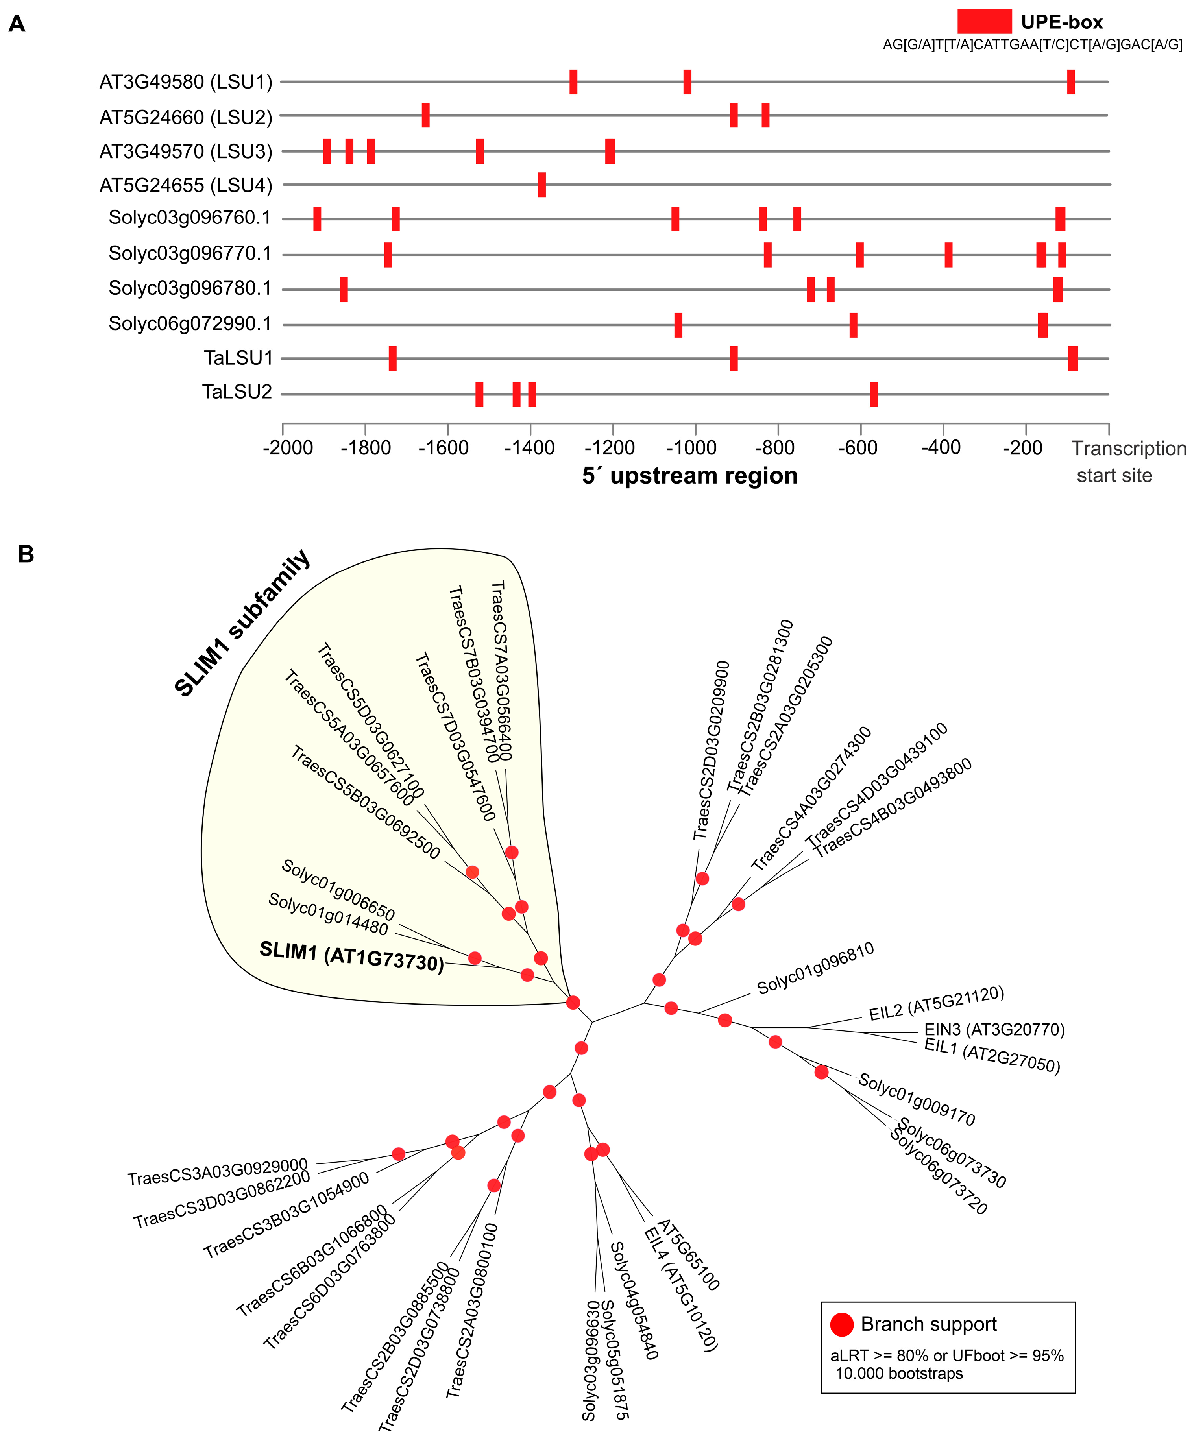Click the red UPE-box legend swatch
[x=984, y=21]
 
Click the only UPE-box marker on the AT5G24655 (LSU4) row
[x=542, y=185]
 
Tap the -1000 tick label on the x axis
[x=695, y=448]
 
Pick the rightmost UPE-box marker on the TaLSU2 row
[x=873, y=394]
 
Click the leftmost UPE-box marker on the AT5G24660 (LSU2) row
[x=426, y=115]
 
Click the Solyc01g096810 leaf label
[x=815, y=969]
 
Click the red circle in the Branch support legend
[x=842, y=1324]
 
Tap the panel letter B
[x=26, y=554]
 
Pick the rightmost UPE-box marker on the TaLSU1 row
[x=1072, y=358]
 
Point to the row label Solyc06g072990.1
[x=190, y=323]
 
